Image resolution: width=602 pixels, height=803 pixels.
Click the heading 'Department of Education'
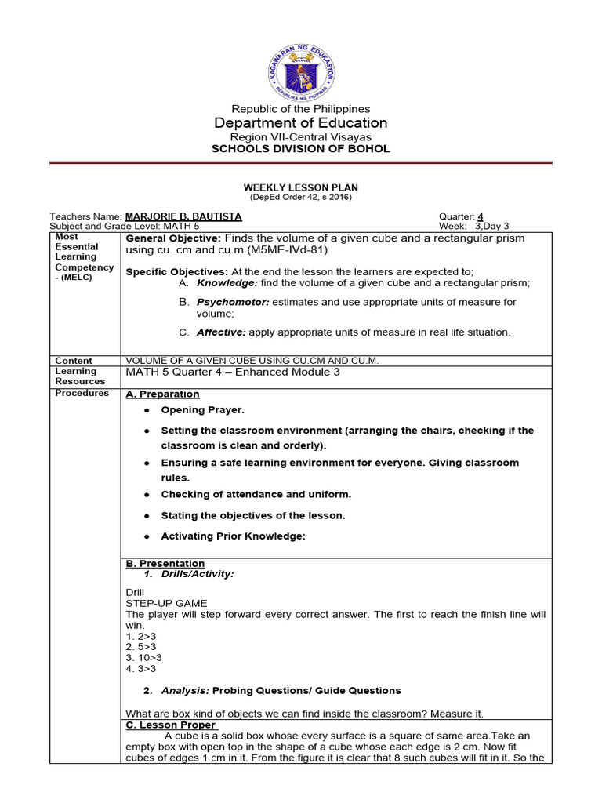[x=301, y=123]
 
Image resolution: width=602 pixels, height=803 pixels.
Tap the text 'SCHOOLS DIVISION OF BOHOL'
[x=301, y=149]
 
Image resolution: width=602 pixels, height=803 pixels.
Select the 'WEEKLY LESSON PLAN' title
[x=301, y=188]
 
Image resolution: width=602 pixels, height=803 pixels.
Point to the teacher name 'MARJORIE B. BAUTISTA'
[x=180, y=216]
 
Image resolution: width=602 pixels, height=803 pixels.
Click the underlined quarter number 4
[x=481, y=216]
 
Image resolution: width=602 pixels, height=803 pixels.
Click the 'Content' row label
[x=74, y=361]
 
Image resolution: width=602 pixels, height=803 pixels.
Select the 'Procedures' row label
[x=82, y=393]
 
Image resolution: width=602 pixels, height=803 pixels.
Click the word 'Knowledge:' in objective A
[x=223, y=282]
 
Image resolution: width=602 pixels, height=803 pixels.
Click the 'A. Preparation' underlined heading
[x=162, y=394]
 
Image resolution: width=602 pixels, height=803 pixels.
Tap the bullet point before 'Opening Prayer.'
[x=146, y=410]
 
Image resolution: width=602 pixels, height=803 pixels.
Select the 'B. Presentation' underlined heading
[x=165, y=563]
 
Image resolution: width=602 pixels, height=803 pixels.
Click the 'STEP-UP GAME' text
[x=166, y=603]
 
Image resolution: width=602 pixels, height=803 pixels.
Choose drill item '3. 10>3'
[x=143, y=658]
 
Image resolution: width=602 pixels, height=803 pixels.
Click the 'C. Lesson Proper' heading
[x=172, y=725]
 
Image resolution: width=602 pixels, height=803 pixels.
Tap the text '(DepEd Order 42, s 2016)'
[x=301, y=198]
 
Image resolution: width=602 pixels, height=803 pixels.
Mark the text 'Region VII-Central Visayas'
[x=301, y=136]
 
